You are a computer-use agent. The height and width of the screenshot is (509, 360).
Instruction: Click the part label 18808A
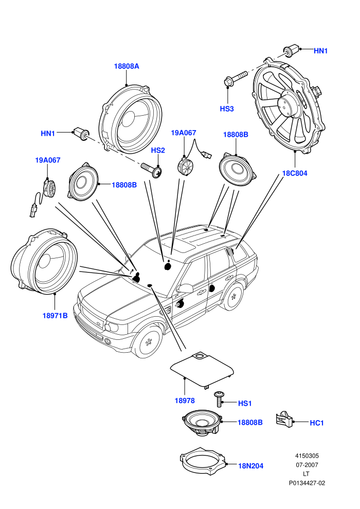(x=127, y=66)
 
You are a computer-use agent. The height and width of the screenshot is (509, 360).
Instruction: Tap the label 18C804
(x=294, y=173)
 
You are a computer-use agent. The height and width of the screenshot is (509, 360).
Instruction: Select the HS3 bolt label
(x=227, y=109)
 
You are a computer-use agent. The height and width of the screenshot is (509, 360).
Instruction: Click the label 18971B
(x=55, y=316)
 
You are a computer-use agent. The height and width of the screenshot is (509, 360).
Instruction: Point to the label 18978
(x=185, y=401)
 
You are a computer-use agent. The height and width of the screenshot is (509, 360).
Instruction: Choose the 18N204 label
(x=251, y=466)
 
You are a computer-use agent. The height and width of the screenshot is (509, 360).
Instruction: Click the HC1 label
(x=317, y=423)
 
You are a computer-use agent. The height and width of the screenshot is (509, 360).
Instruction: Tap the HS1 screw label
(x=245, y=404)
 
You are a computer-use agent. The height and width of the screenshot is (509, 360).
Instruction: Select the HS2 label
(x=158, y=151)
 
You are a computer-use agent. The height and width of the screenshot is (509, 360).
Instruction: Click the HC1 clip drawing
(x=284, y=420)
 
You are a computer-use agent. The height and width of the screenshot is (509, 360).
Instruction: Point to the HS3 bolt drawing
(x=236, y=78)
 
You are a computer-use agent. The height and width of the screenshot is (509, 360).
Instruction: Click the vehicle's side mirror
(x=185, y=288)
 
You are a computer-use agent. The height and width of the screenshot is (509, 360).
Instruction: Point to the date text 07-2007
(x=307, y=465)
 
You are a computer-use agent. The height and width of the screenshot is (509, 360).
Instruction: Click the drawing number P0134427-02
(x=307, y=483)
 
